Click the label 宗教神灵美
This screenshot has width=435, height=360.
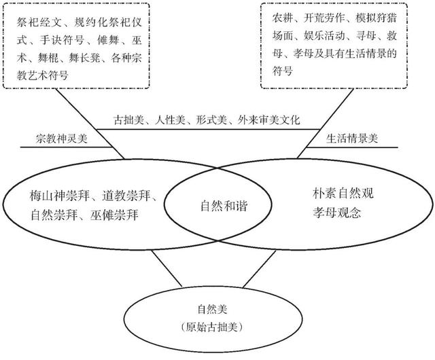[62, 138]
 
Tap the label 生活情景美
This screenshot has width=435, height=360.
[352, 138]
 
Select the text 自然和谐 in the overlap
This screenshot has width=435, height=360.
[224, 206]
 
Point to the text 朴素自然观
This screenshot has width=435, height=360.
[343, 194]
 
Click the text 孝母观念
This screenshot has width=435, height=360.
[337, 213]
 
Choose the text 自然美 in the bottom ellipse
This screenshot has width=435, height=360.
[213, 309]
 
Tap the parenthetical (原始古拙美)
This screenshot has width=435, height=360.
[212, 327]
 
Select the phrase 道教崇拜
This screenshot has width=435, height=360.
[126, 196]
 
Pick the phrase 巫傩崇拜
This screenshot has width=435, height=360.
[114, 215]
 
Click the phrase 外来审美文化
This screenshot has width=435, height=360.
[269, 120]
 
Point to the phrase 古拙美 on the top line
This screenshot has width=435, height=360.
[128, 120]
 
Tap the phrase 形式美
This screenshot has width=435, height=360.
[211, 120]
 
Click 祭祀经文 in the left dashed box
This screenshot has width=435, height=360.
[39, 22]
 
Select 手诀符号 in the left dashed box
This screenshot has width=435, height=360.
[62, 40]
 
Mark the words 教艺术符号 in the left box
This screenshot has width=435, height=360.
[42, 75]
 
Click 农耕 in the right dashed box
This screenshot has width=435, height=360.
[282, 18]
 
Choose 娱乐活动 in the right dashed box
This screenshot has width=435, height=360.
[324, 36]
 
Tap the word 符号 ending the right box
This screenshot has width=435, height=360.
[282, 71]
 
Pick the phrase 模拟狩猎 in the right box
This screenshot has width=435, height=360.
[376, 18]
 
